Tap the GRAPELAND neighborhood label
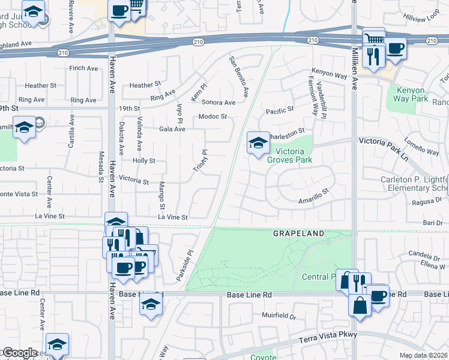(298, 233)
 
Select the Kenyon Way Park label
(411, 94)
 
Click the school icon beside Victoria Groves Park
(258, 143)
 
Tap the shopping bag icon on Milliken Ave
(360, 305)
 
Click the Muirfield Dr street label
(279, 315)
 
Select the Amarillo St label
(315, 197)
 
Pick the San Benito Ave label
(238, 77)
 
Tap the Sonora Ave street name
(218, 103)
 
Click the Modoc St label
(213, 116)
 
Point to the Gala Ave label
(172, 129)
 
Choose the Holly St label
(144, 161)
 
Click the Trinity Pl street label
(200, 161)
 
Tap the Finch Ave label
(84, 68)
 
